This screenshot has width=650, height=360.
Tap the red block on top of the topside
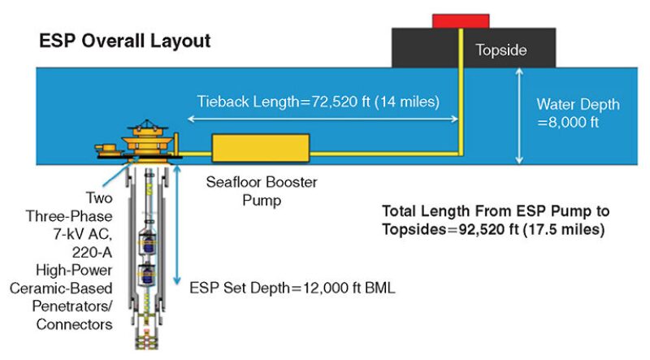(461, 20)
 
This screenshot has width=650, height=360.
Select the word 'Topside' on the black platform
(500, 50)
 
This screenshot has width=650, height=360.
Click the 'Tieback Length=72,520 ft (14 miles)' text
(318, 102)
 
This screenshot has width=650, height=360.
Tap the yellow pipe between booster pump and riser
(382, 152)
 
